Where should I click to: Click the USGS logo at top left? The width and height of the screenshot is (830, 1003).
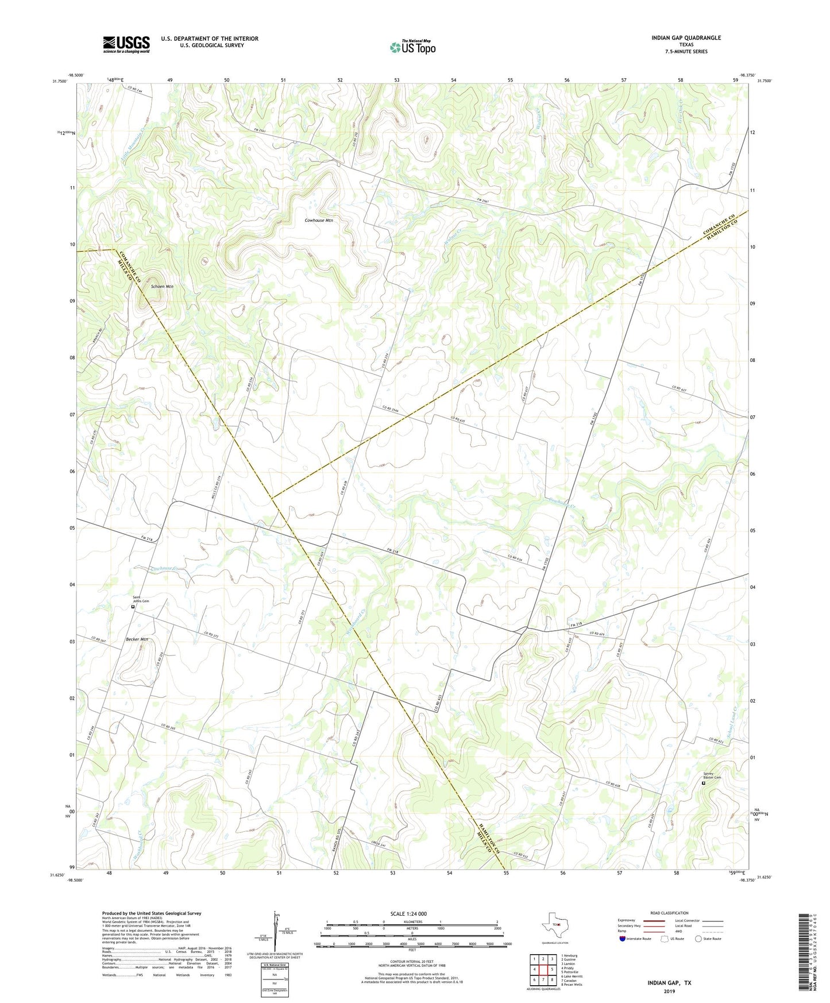tap(126, 44)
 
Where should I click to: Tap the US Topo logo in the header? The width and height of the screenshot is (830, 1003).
tap(412, 47)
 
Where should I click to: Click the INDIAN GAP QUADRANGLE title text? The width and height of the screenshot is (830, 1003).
tap(686, 38)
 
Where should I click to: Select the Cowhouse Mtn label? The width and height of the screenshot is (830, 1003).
tap(319, 220)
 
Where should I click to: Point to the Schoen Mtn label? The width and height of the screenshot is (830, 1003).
tap(162, 286)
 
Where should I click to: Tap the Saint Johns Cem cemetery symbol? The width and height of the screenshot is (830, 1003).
tap(133, 606)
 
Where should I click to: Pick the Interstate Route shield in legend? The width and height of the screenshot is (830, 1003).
tap(623, 939)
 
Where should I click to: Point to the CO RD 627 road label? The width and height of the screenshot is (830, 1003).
tap(679, 389)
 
